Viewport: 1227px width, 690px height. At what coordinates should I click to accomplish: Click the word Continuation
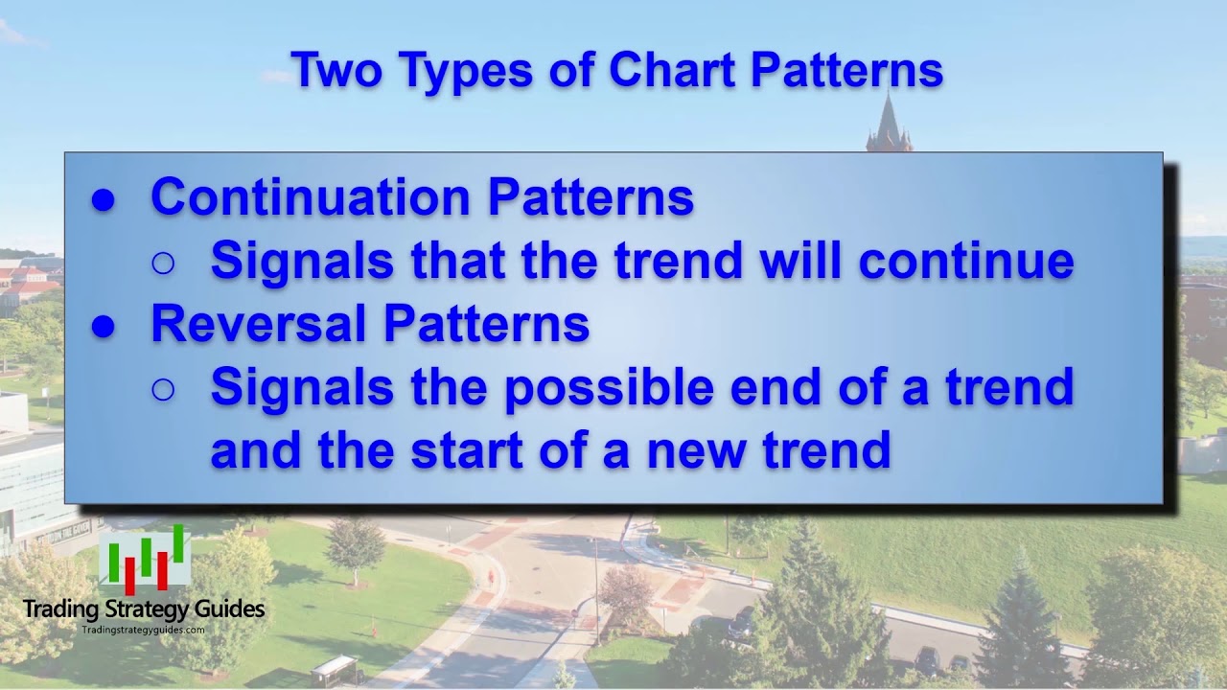[x=312, y=197]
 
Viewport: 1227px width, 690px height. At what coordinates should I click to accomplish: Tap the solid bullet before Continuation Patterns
[x=104, y=200]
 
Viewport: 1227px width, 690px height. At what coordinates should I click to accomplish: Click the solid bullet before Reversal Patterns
[x=104, y=327]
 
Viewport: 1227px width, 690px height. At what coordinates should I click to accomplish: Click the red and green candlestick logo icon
[x=145, y=560]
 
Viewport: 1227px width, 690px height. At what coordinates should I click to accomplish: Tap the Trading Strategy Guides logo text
[x=144, y=609]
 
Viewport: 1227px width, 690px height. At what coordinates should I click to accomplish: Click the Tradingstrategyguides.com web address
[x=143, y=630]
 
